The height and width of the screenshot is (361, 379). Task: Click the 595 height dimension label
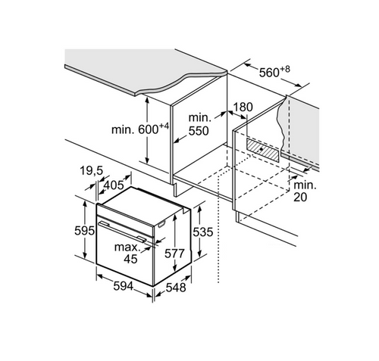click(84, 231)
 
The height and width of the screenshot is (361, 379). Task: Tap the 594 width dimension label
click(124, 286)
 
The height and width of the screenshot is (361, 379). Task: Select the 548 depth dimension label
click(176, 288)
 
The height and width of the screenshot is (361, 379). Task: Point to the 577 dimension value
click(174, 254)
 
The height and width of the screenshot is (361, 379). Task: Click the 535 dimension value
click(203, 232)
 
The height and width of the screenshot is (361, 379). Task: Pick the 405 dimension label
click(114, 185)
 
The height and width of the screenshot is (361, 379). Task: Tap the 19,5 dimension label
click(92, 171)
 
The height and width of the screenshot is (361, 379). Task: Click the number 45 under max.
click(130, 259)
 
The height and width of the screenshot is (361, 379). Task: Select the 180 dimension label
click(243, 107)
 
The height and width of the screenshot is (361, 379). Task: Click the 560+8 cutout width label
click(274, 72)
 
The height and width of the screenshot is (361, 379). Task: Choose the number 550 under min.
click(199, 131)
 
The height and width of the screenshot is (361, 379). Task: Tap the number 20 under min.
click(300, 197)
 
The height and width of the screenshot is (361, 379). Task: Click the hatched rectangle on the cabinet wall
click(264, 150)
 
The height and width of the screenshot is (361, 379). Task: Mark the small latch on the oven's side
click(161, 224)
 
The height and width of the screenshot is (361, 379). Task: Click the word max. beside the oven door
click(127, 247)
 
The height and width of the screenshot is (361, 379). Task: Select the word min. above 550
click(199, 117)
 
